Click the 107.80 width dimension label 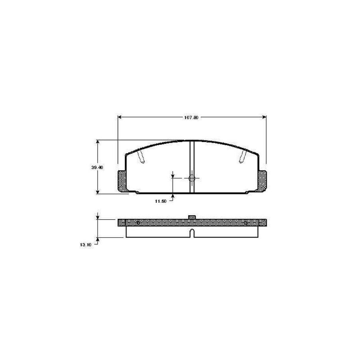[x=191, y=117]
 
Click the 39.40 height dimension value [x=98, y=168]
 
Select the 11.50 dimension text [x=160, y=201]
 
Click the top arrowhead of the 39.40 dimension [x=98, y=142]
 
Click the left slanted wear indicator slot [x=141, y=157]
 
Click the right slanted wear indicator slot [x=243, y=157]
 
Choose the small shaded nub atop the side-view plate [x=192, y=217]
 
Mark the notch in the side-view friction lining [x=192, y=232]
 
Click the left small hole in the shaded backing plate [x=138, y=223]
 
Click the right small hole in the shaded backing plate [x=246, y=223]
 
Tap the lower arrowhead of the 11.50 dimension [x=173, y=195]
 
